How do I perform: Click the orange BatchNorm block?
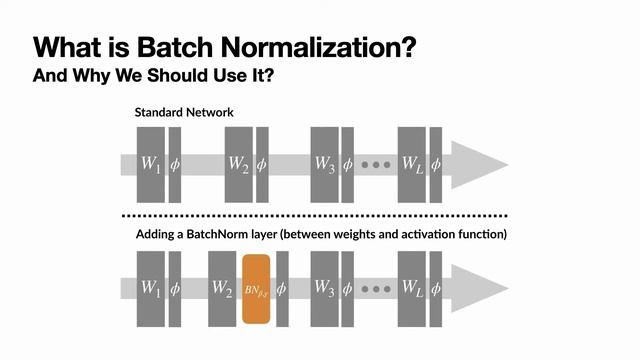[257, 289]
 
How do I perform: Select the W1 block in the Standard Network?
[150, 164]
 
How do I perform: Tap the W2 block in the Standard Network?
[237, 164]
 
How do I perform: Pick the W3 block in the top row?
[325, 164]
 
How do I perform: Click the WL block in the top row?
[412, 164]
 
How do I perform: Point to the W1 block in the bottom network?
[150, 289]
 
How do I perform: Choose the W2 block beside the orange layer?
[223, 289]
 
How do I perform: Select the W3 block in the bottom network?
[325, 289]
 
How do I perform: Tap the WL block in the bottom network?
[412, 289]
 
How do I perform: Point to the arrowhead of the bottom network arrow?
[477, 289]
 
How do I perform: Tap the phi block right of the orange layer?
[282, 289]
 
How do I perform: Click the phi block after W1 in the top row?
[174, 164]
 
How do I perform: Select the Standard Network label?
[184, 112]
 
